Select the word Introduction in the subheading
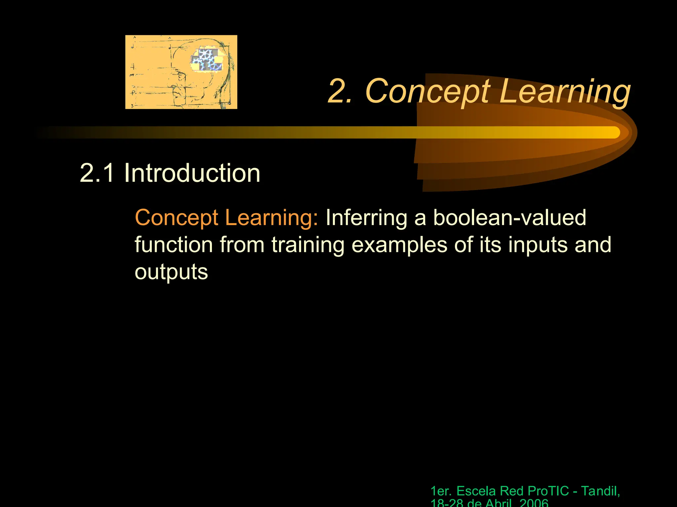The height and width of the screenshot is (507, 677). (x=192, y=173)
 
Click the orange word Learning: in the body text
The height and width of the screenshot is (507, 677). (x=271, y=218)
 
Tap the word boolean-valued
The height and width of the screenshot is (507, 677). (x=509, y=218)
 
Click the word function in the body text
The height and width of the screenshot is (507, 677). (x=174, y=245)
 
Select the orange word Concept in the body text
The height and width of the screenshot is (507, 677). (x=177, y=218)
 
